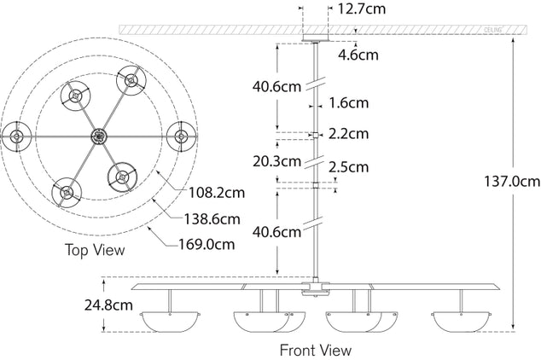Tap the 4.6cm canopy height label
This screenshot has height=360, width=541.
358,55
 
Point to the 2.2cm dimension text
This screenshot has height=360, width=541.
349,134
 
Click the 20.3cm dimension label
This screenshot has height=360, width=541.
276,160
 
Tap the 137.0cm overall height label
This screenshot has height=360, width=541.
509,182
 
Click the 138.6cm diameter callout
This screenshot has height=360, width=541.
209,219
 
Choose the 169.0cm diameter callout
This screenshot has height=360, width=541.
207,245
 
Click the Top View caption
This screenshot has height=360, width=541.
95,250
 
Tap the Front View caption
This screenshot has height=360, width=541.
315,350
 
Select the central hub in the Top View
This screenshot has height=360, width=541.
98,135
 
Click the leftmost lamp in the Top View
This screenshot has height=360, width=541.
15,135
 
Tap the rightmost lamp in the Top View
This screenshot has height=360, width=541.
181,135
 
